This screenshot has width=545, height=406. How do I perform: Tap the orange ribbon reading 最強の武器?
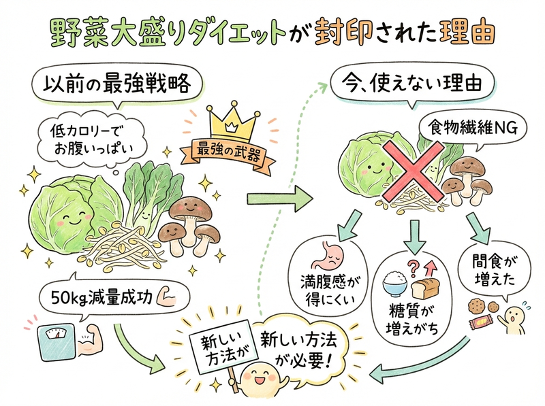tap(228, 153)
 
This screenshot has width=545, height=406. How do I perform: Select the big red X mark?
tap(414, 172)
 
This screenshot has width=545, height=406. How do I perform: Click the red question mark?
tap(414, 267)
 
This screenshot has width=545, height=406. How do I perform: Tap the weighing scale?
tap(54, 343)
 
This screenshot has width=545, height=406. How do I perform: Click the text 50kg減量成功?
tap(102, 297)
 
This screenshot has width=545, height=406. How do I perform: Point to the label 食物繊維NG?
tap(473, 129)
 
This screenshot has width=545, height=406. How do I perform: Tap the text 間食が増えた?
tap(494, 271)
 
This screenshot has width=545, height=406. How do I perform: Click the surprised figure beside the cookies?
tap(514, 318)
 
